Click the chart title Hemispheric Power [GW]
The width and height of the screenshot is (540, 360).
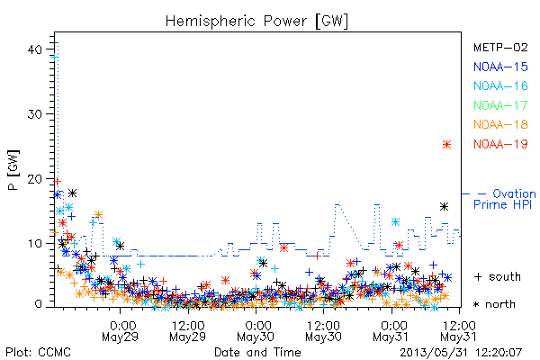(256, 22)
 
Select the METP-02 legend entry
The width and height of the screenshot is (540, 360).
(500, 47)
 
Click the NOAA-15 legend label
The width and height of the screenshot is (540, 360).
(500, 67)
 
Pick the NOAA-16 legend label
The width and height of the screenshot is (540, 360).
(500, 85)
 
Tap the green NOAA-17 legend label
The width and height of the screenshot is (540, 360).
(500, 105)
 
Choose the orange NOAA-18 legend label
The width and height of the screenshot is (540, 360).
(500, 124)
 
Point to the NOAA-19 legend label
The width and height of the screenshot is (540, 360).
(500, 144)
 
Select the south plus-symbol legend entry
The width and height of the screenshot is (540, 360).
(497, 276)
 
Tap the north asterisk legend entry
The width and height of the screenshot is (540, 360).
(494, 304)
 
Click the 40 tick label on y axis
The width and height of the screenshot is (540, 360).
(35, 49)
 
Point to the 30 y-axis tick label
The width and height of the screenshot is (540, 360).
(35, 114)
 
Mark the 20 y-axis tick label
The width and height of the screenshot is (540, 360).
(35, 179)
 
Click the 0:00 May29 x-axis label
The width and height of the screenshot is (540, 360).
(121, 331)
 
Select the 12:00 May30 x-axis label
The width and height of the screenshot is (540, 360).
(323, 331)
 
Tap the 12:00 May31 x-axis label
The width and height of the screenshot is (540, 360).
(459, 331)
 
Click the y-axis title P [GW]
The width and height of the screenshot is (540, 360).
(13, 170)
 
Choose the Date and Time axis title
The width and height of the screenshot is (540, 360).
(257, 353)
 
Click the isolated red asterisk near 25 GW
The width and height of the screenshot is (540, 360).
(446, 144)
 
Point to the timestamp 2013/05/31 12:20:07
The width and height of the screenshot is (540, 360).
(461, 353)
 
